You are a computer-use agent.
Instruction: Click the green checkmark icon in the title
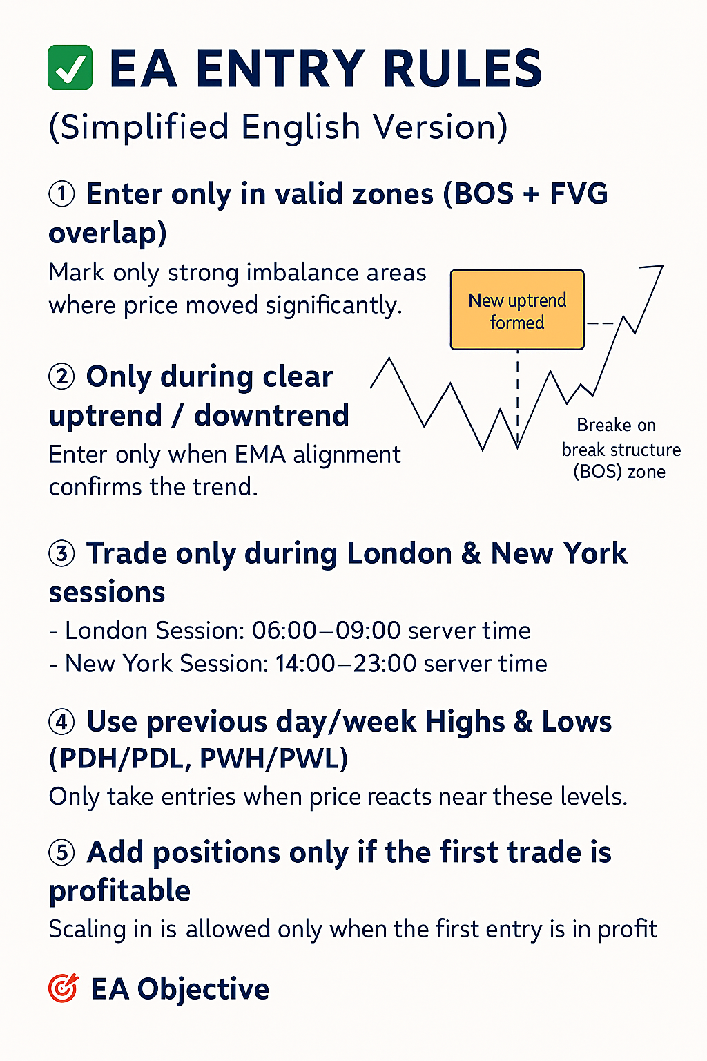(70, 67)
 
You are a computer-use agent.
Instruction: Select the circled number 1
(61, 195)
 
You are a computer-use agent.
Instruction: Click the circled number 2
(61, 378)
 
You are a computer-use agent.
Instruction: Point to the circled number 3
(61, 554)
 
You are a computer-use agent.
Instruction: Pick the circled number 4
(61, 723)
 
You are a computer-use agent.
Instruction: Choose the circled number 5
(61, 852)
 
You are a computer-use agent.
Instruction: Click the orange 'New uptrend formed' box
(517, 309)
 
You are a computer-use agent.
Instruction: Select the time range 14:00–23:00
(346, 664)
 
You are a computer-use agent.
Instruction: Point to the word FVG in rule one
(579, 193)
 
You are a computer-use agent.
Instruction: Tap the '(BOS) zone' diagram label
(619, 472)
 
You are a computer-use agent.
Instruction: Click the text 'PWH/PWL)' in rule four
(273, 758)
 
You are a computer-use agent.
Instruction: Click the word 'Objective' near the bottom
(203, 990)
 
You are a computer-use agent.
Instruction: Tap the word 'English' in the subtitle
(301, 127)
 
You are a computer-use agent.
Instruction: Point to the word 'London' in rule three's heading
(399, 553)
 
